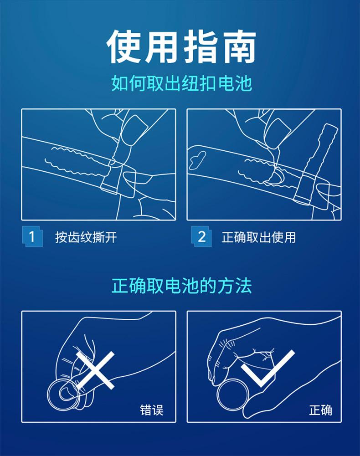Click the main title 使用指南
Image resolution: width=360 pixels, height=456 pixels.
[181, 46]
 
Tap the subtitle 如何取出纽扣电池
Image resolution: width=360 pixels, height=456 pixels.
[181, 83]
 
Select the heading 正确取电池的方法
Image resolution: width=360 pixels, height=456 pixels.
[181, 286]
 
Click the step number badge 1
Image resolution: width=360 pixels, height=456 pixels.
[32, 237]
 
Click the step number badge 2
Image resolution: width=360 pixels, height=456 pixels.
[201, 237]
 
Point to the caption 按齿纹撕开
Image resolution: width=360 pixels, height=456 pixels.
[86, 237]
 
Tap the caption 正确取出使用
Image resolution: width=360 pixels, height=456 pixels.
[259, 237]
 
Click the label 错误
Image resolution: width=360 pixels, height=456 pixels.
[152, 410]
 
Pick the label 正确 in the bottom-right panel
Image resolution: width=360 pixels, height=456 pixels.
[320, 410]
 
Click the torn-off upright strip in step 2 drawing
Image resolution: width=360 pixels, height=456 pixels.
[315, 163]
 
